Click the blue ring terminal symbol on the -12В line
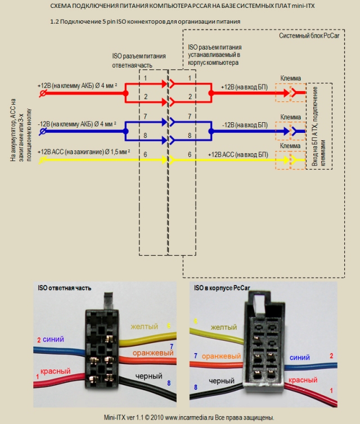tap(42, 131)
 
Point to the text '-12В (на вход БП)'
tap(243, 124)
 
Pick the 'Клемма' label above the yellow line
tap(290, 146)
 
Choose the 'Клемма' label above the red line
tap(290, 78)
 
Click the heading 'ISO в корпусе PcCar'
tap(222, 288)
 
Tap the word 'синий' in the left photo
tap(54, 340)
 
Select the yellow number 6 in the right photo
tap(196, 321)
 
